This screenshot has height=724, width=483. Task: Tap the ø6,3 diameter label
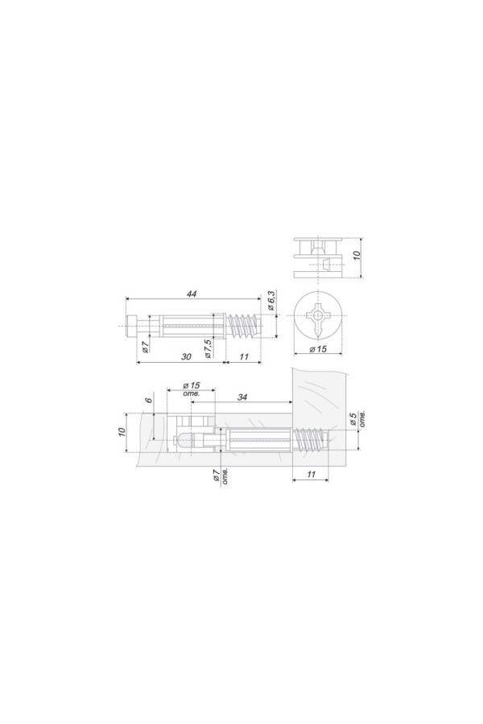point(272,301)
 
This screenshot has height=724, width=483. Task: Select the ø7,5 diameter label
point(208,348)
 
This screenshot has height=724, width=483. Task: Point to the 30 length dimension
point(186,356)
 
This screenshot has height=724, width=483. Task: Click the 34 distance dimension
point(242,397)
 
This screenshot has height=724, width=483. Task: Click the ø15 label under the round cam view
point(318,348)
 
